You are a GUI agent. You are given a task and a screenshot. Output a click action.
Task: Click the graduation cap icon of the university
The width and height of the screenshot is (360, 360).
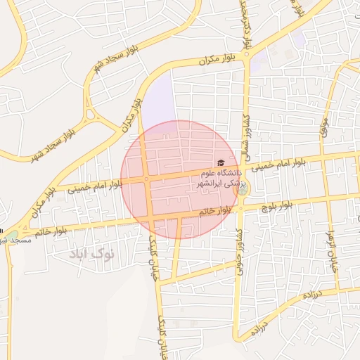(221, 162)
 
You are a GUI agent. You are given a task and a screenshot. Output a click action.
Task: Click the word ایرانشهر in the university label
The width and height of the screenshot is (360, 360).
(212, 182)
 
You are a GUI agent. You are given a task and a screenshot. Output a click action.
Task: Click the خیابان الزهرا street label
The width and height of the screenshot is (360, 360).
(330, 250)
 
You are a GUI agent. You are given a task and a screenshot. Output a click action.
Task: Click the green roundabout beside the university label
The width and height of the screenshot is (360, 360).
(242, 188)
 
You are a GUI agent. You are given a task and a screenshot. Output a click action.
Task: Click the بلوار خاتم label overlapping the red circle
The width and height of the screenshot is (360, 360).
(216, 212)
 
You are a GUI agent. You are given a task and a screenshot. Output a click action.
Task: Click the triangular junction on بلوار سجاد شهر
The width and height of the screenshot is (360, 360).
(90, 113)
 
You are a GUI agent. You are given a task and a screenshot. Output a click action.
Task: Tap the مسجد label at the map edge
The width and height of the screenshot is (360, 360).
(15, 240)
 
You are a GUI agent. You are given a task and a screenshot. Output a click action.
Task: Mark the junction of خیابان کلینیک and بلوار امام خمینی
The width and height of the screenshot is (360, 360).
(146, 179)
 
